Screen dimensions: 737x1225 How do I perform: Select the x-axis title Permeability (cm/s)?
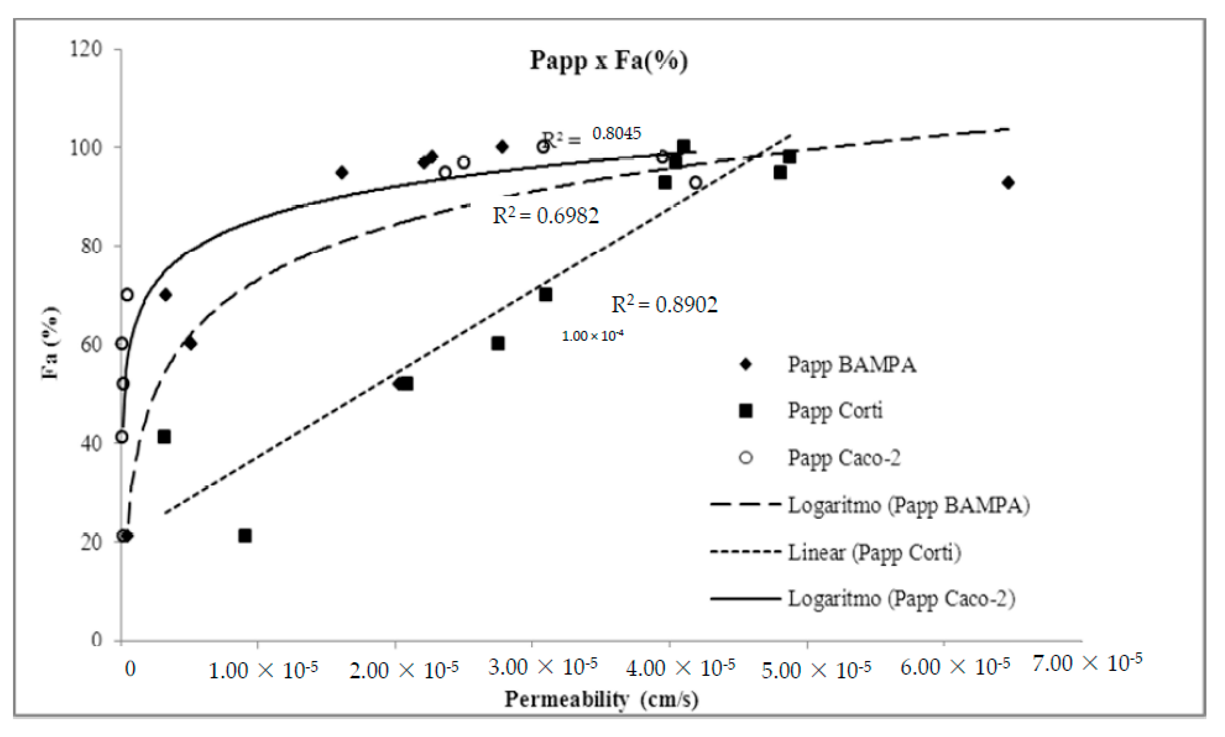[x=601, y=699]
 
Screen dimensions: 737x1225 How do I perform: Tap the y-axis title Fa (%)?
[x=50, y=343]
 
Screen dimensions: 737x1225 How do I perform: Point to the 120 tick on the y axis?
[x=86, y=49]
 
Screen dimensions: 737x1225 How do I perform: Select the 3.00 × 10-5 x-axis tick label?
[x=542, y=667]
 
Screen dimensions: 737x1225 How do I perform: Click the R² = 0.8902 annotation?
[x=664, y=304]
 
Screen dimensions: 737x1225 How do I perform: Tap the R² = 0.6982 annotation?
[x=545, y=216]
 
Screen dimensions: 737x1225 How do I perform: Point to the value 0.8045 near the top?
[x=616, y=133]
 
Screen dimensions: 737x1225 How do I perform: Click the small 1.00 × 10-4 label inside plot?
[x=592, y=336]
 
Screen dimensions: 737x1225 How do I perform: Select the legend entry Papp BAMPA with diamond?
[x=852, y=365]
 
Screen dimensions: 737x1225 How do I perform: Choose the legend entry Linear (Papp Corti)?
[x=874, y=552]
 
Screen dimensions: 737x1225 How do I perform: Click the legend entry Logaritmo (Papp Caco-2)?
[x=901, y=598]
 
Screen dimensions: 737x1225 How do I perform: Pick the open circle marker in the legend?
[x=746, y=457]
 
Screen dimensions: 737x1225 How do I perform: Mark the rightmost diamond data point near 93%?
[x=1008, y=183]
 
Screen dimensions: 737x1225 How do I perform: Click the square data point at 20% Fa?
[x=245, y=536]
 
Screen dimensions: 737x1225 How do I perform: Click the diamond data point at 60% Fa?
[x=190, y=344]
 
